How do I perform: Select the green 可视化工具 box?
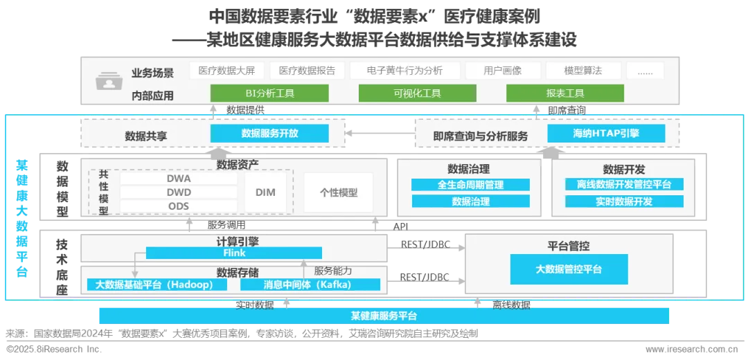pos(417,93)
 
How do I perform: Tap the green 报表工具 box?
pos(565,93)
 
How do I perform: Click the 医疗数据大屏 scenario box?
pos(226,71)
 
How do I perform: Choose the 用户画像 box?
pos(502,71)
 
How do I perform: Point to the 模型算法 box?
pos(582,71)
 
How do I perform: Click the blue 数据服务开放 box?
pos(269,134)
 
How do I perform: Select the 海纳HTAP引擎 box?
pos(606,134)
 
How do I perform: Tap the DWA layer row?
pos(179,178)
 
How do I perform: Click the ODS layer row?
pos(179,206)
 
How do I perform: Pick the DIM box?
pos(265,192)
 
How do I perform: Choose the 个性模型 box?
pos(339,192)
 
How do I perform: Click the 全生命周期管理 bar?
pos(470,185)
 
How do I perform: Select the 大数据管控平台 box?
pos(569,269)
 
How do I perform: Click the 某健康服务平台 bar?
pos(384,316)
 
